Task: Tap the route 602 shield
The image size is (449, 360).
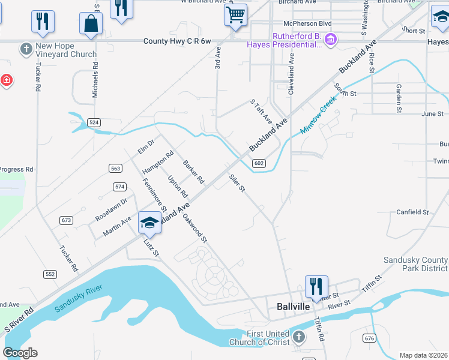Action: coord(259,163)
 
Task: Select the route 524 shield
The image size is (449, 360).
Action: coord(93,122)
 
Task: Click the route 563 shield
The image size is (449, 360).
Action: coord(116,168)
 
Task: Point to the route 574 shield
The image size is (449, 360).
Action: coord(119,187)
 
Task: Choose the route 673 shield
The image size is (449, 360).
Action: coord(66,220)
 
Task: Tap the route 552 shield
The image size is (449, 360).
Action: coord(50,274)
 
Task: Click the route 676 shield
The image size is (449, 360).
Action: coord(369,339)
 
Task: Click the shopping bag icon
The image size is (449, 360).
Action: coord(91,23)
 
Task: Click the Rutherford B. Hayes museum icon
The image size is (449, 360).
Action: coord(330,40)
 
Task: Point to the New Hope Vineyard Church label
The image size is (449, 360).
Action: coord(65,50)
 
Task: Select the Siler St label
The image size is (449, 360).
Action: coord(237,183)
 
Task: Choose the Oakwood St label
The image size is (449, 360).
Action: coord(194,229)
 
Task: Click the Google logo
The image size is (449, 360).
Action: coord(20,353)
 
